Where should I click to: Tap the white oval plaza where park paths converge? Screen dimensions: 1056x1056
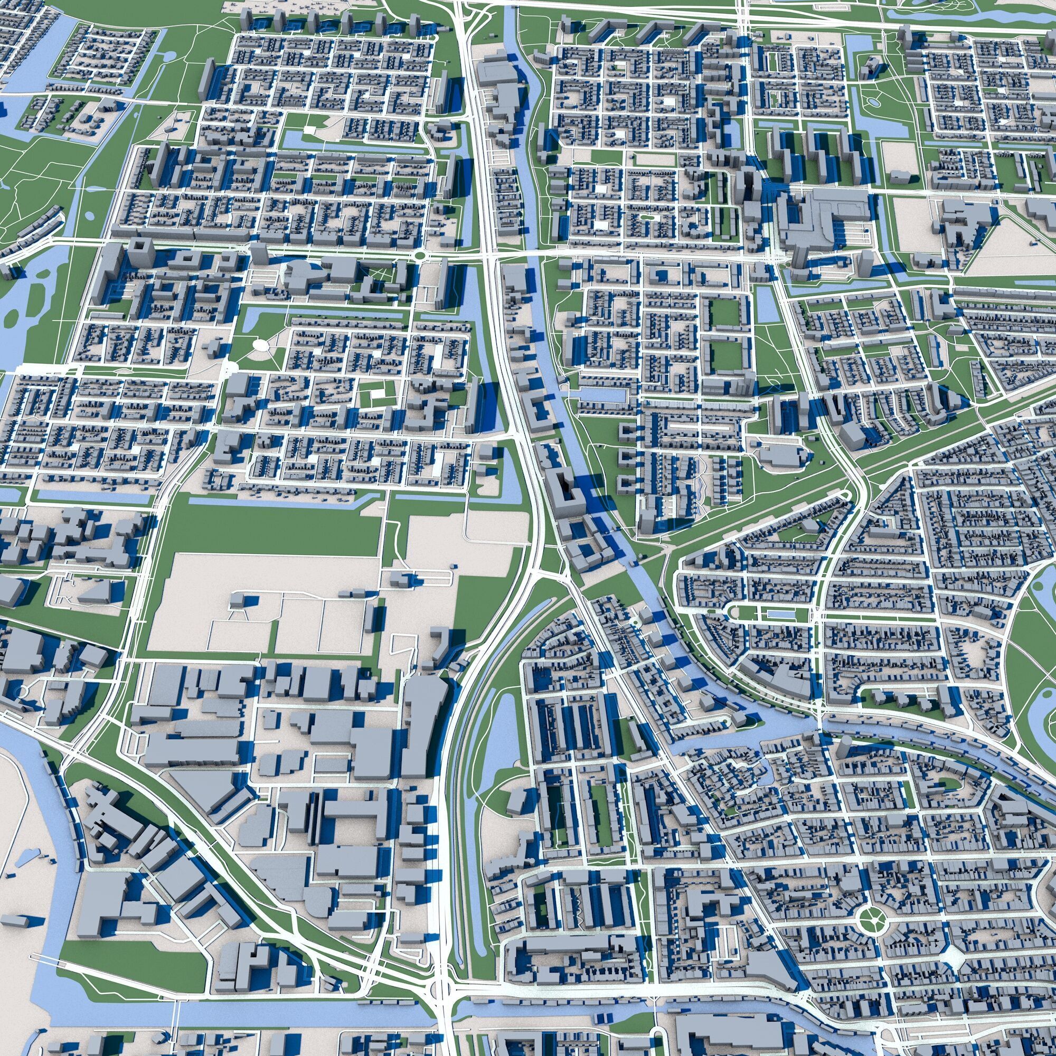pyautogui.click(x=261, y=345)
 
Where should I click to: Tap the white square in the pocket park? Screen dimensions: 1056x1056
pyautogui.click(x=310, y=129)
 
